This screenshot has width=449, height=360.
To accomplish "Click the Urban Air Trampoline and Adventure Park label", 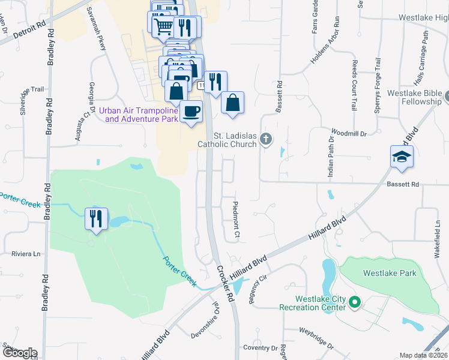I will [139, 114].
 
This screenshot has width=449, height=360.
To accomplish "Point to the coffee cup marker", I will [191, 112].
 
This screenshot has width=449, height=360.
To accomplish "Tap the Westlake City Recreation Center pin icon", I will [354, 303].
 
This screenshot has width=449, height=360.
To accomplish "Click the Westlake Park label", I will [389, 273].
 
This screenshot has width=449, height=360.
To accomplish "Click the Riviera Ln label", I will [26, 254].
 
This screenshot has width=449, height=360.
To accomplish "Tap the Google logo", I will [19, 353].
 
